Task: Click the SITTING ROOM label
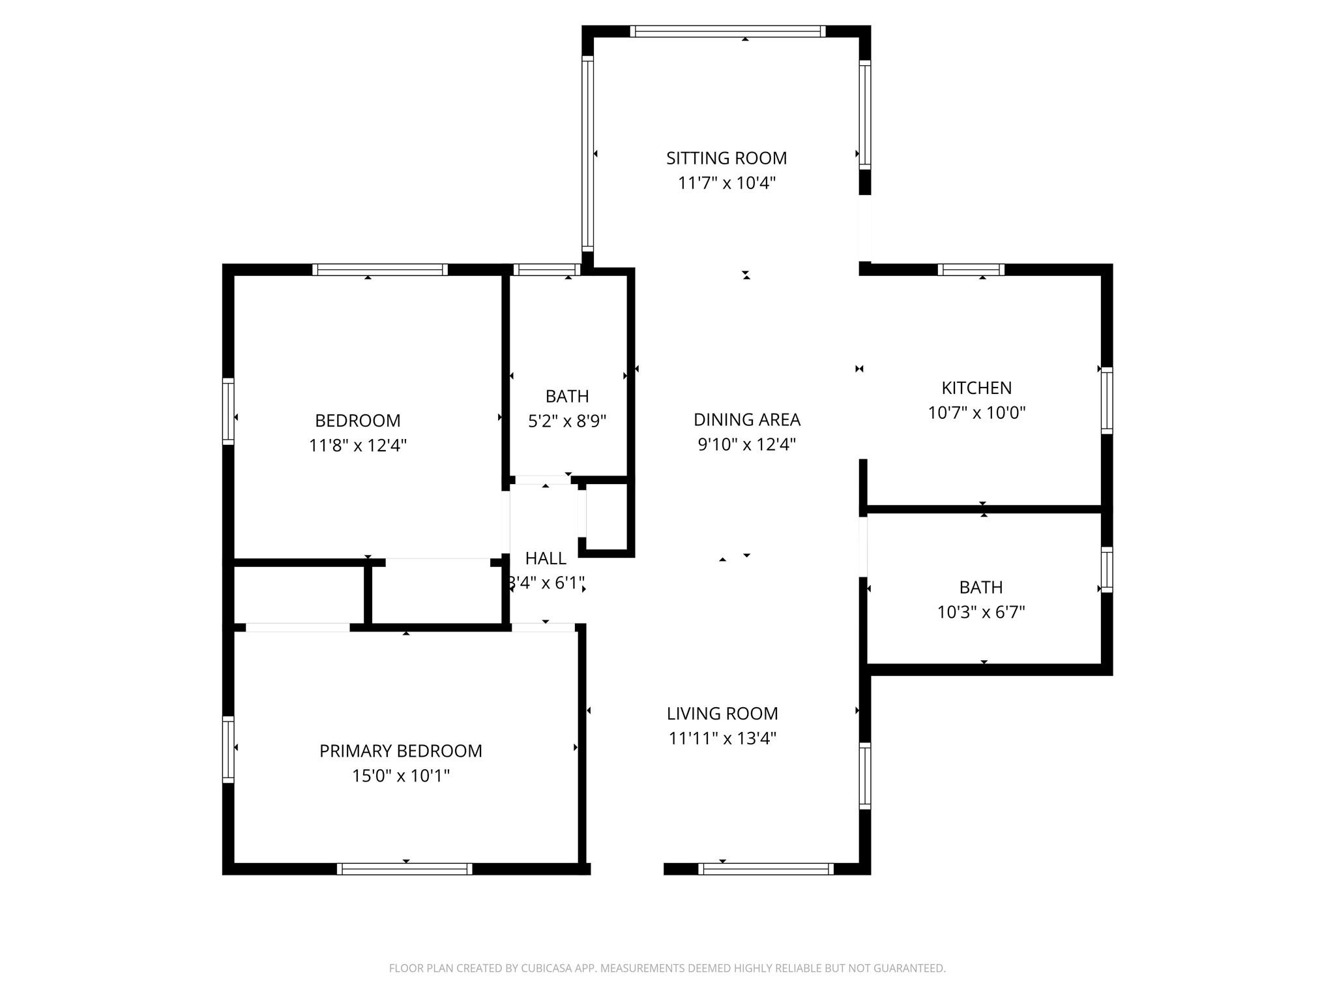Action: click(x=726, y=158)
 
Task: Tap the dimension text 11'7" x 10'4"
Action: click(x=726, y=183)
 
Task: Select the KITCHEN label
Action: click(x=976, y=387)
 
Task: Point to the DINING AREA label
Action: click(x=746, y=419)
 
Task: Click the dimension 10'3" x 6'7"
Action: click(x=981, y=612)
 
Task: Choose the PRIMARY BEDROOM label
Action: click(x=400, y=751)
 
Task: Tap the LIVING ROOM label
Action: click(x=722, y=713)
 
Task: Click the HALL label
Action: click(x=546, y=558)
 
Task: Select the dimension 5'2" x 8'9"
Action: click(x=567, y=421)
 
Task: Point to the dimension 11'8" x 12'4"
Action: click(x=358, y=446)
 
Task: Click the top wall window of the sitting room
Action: click(x=727, y=31)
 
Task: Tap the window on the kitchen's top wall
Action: click(x=971, y=269)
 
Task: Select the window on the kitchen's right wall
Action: click(x=1106, y=401)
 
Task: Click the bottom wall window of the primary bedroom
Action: click(x=404, y=868)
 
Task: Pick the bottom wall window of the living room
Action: click(x=765, y=868)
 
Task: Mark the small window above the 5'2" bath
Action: click(x=546, y=269)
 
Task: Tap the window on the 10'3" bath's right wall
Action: click(x=1106, y=569)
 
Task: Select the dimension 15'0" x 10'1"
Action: click(x=401, y=776)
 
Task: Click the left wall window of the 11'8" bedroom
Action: click(x=228, y=412)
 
